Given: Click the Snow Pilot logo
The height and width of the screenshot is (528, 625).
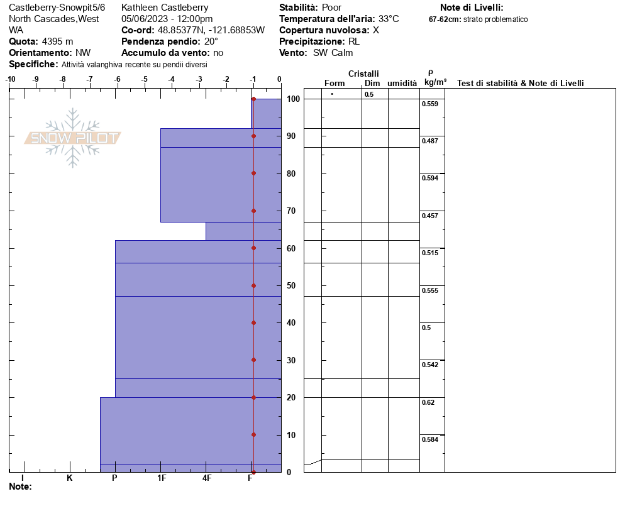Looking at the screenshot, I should point(73,138).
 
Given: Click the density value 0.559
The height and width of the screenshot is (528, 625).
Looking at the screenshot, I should point(429,104).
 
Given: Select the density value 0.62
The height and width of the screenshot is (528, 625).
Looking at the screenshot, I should point(428,402).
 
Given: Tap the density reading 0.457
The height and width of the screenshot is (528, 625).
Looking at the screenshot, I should point(429,216).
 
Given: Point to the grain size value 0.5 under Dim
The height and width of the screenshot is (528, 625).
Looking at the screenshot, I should point(368,94).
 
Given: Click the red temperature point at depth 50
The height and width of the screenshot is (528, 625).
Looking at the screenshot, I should point(253,285).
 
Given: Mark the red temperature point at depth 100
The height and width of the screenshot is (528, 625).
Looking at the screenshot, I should point(253,99).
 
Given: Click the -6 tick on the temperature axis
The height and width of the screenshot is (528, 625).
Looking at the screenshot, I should point(118,79).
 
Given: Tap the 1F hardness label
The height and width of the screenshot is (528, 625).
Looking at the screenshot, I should point(162,478).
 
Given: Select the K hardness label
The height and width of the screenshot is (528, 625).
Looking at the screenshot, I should point(70,478).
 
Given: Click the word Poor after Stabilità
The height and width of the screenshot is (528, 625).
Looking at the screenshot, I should point(331,8).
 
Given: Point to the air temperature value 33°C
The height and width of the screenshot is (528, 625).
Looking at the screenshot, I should point(389,19).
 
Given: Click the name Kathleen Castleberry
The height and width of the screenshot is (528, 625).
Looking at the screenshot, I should point(165,8).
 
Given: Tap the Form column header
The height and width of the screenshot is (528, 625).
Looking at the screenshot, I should point(335,83).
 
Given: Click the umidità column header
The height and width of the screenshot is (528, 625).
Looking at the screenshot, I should point(402,83).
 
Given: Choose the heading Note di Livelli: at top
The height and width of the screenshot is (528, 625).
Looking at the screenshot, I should point(472,8).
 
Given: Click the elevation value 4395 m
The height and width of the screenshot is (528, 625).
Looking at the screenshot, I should point(57,41).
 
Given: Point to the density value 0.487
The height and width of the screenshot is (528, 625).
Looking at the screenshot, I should point(429,141).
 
